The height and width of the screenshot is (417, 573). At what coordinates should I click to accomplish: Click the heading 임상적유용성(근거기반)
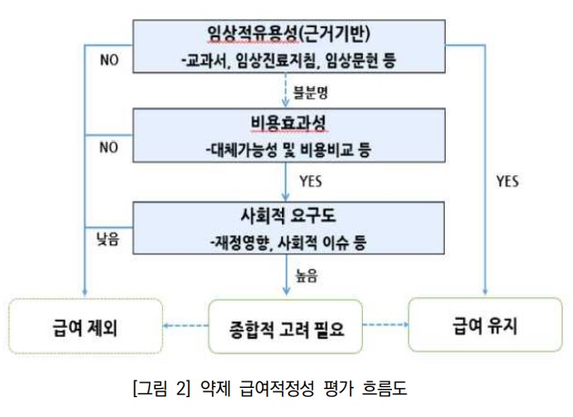(x=286, y=37)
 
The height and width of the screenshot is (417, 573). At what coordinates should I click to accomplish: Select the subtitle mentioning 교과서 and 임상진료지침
(x=286, y=62)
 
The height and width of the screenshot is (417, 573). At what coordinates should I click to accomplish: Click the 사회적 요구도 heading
(x=286, y=217)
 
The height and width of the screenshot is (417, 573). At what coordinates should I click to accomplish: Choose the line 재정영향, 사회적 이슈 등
(x=286, y=243)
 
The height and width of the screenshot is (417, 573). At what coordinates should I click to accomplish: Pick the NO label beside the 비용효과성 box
(x=109, y=148)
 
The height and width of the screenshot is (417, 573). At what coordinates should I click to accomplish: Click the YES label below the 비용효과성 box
(x=310, y=182)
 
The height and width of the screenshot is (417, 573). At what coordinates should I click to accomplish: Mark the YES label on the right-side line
(x=507, y=181)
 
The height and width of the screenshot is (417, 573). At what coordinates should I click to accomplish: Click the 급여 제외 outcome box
(x=85, y=324)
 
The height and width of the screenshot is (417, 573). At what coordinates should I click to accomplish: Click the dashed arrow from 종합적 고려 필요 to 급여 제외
(x=187, y=324)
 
